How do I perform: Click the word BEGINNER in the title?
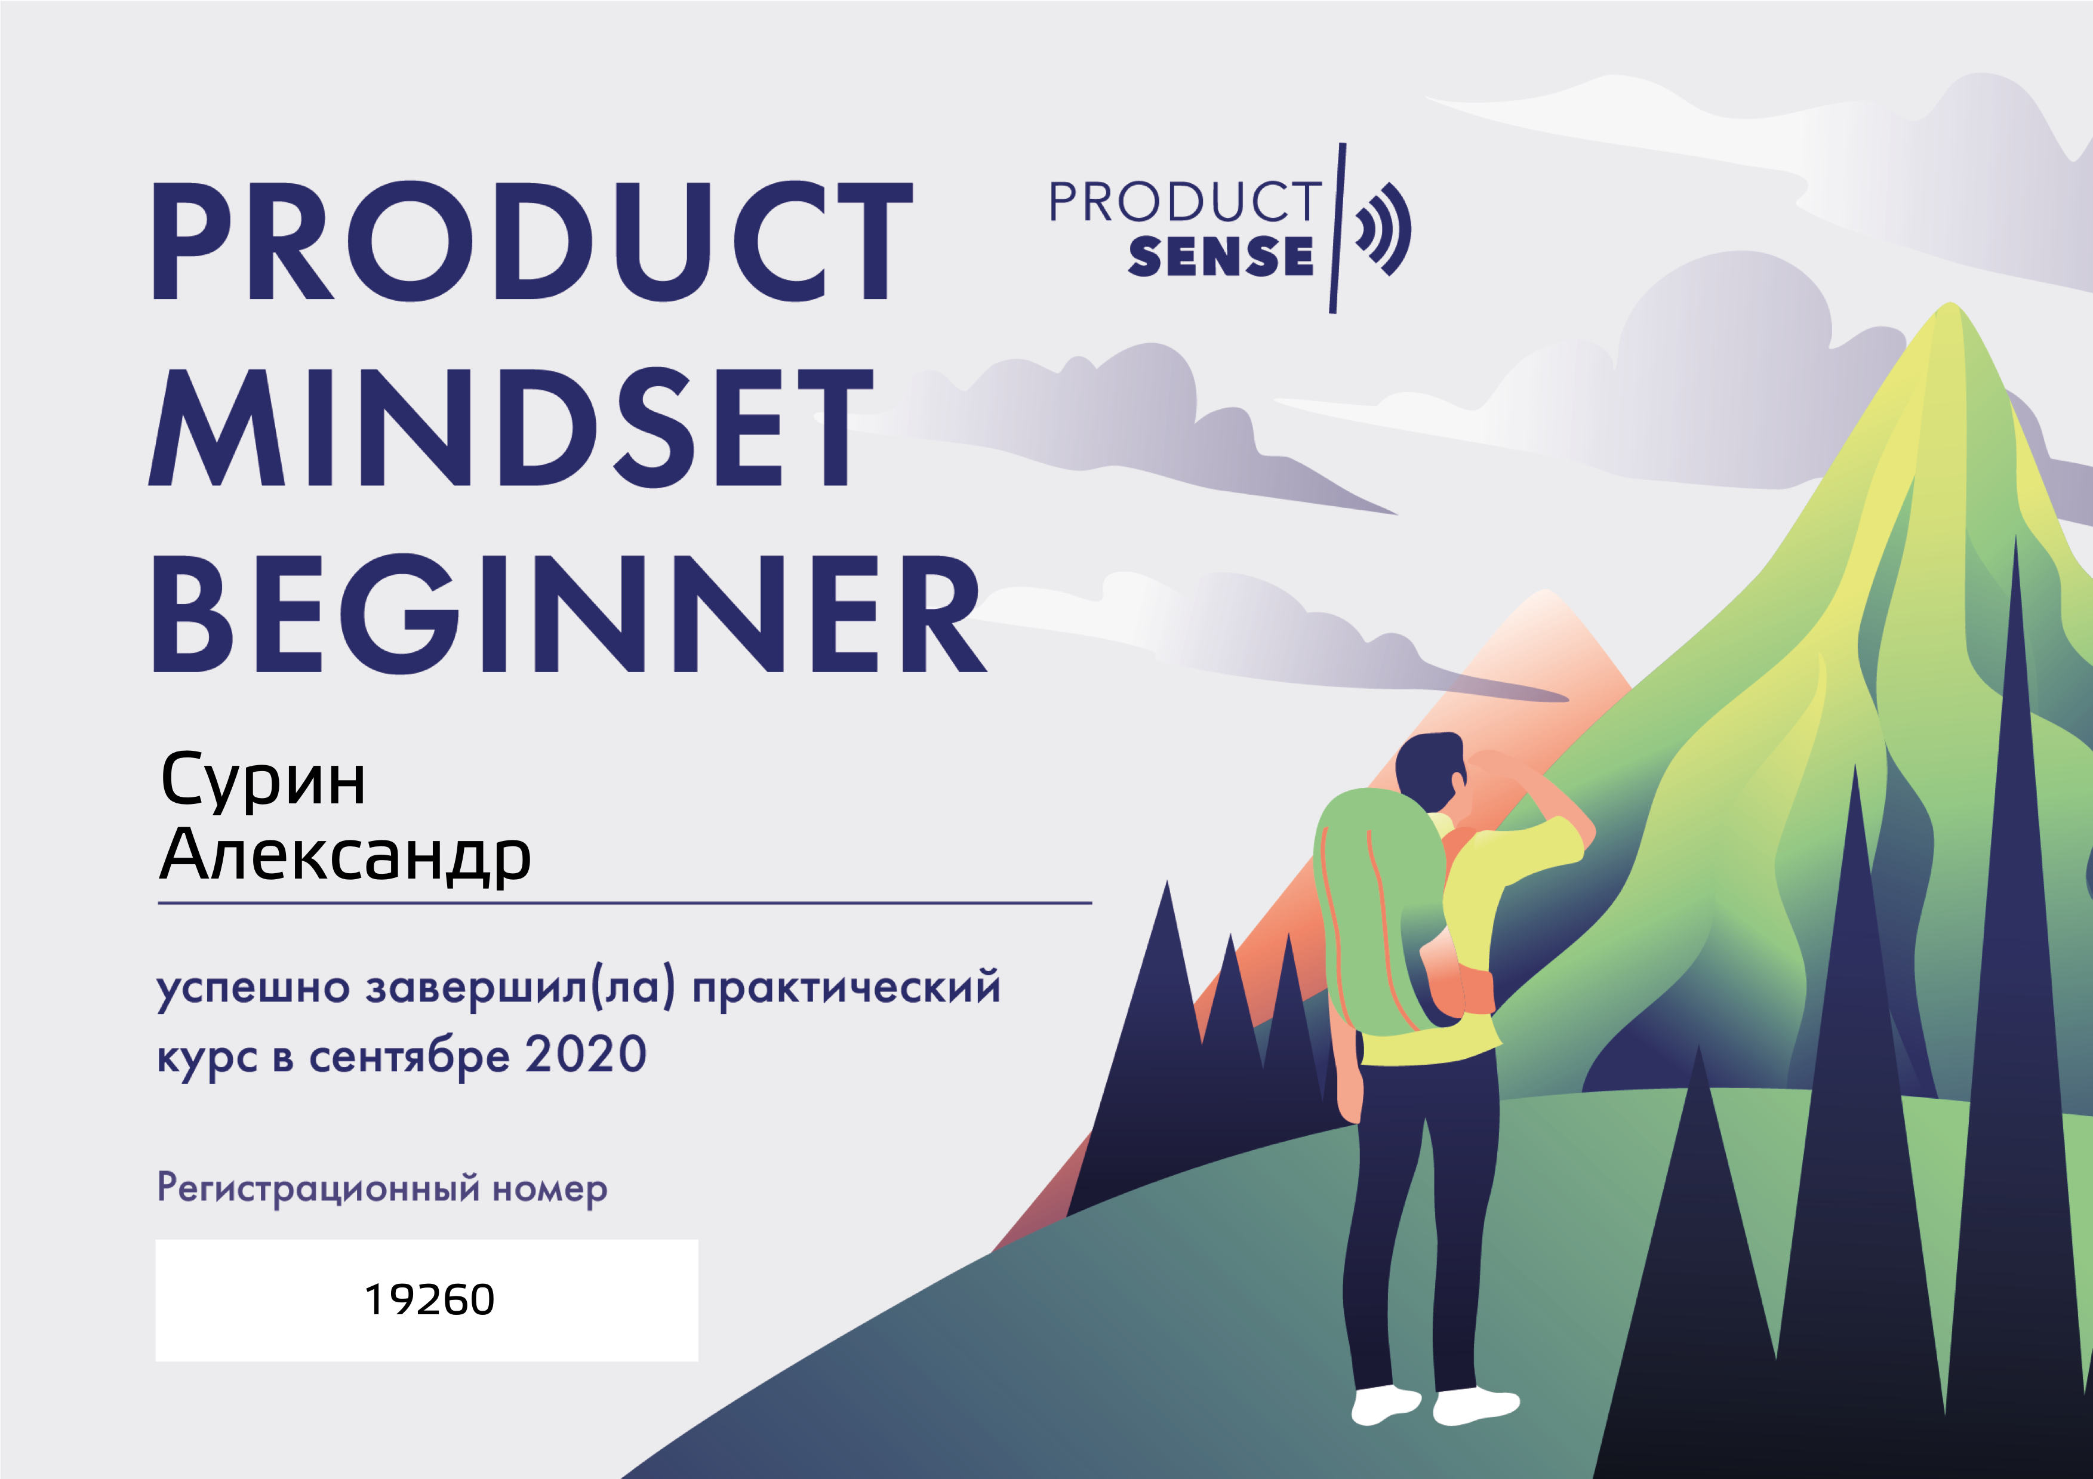click(x=569, y=615)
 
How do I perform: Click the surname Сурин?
click(x=263, y=781)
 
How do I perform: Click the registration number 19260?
click(x=429, y=1299)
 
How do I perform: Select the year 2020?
click(x=586, y=1055)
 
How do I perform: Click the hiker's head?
click(x=1431, y=769)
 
